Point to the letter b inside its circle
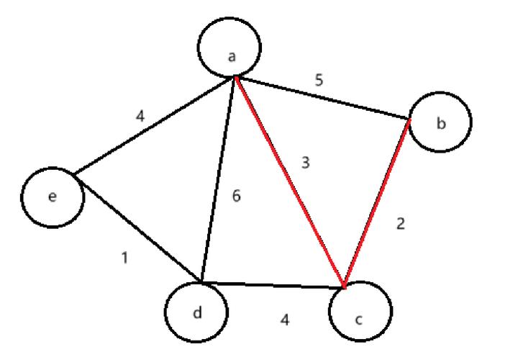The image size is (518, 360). (441, 123)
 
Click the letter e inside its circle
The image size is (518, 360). (53, 197)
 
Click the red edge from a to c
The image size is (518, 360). (290, 182)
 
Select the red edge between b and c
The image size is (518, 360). (377, 203)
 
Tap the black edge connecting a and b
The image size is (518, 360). (322, 98)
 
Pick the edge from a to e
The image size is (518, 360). (154, 125)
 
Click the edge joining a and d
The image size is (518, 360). (218, 179)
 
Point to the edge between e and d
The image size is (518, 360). (137, 228)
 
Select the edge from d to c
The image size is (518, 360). (272, 285)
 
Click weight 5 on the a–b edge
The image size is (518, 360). (319, 81)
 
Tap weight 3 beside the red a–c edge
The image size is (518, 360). (306, 163)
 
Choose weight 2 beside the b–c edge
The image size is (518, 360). (401, 224)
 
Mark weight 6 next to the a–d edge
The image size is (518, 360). (236, 196)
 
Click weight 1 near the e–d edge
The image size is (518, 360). (124, 258)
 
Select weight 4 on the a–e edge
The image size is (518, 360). (140, 116)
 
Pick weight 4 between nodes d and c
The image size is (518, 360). (285, 320)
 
